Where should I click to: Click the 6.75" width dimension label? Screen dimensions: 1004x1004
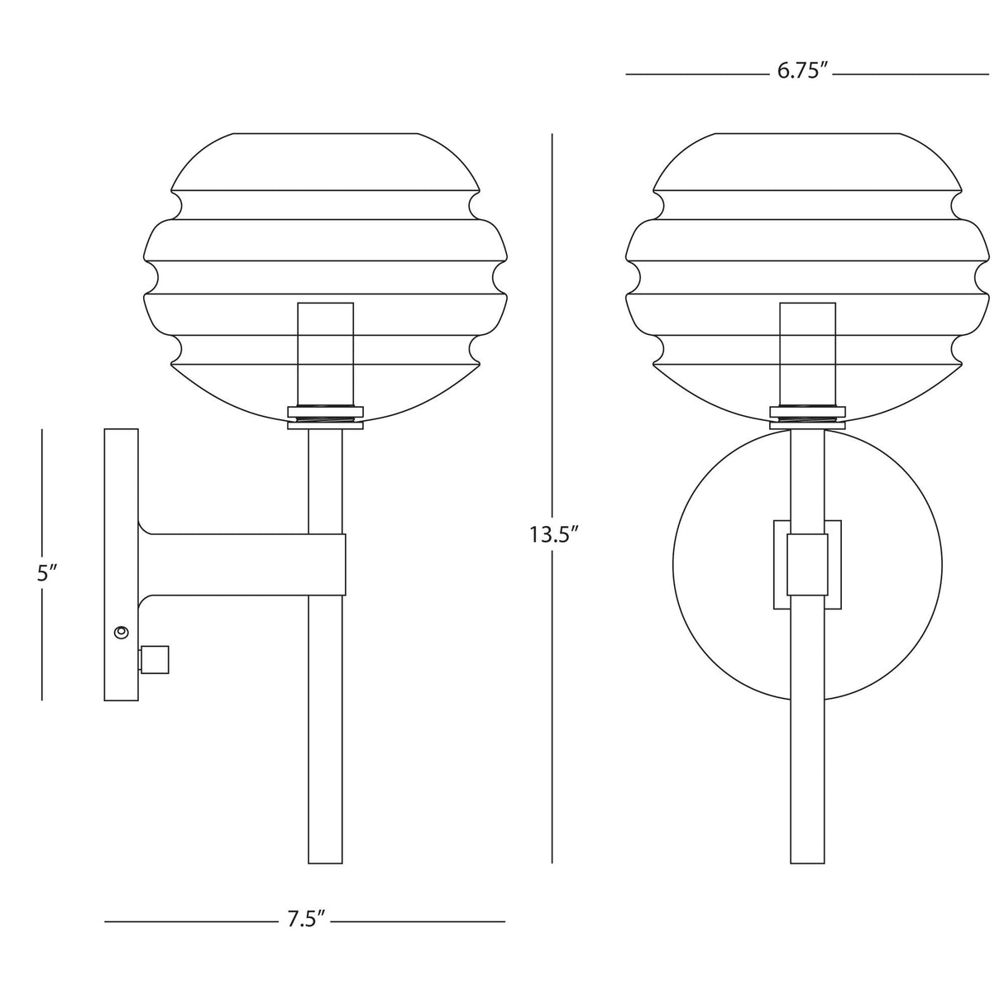click(802, 72)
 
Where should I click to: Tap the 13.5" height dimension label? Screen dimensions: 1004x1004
click(552, 535)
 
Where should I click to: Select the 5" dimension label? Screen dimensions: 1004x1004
click(46, 573)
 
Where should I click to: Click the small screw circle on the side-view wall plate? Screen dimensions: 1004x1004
click(122, 633)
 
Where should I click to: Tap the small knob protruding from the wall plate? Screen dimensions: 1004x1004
click(154, 659)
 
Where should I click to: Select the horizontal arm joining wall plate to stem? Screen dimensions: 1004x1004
click(240, 565)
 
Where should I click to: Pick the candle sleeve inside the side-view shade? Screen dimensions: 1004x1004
click(325, 351)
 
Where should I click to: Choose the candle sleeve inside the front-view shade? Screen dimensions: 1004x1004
click(807, 351)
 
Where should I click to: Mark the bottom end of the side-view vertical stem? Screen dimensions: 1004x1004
click(325, 860)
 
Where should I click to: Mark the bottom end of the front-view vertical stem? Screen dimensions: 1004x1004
click(807, 860)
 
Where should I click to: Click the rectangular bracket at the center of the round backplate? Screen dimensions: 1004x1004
click(807, 565)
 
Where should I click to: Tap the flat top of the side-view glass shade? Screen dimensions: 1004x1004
click(325, 133)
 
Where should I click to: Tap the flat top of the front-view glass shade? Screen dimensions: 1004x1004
click(807, 133)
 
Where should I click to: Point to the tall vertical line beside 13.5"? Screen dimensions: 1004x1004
click(552, 331)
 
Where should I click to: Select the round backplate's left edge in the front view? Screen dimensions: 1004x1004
click(674, 565)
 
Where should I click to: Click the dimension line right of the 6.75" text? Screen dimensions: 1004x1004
click(910, 74)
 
